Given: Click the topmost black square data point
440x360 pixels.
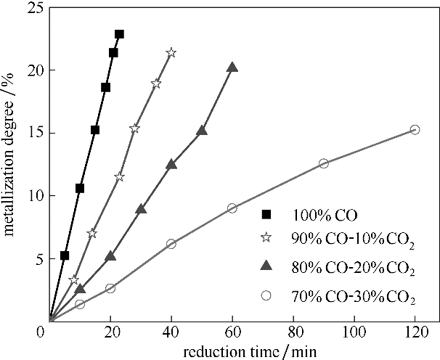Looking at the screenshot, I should tap(119, 34).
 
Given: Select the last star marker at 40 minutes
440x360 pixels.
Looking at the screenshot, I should tap(171, 53).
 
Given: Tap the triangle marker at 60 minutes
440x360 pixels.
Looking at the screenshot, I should tap(232, 67).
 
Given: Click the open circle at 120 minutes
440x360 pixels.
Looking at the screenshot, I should tap(415, 129).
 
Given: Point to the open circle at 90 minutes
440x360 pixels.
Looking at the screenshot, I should tap(323, 163).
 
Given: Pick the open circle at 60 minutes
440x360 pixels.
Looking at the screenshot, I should tap(232, 208).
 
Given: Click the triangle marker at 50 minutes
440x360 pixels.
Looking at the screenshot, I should tap(202, 131).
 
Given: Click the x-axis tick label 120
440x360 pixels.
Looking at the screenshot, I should tap(415, 333).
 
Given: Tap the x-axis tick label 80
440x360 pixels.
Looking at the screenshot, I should tap(293, 333).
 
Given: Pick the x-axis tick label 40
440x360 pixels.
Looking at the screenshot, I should tap(171, 333).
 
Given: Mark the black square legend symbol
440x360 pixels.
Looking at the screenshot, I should tap(266, 214).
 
